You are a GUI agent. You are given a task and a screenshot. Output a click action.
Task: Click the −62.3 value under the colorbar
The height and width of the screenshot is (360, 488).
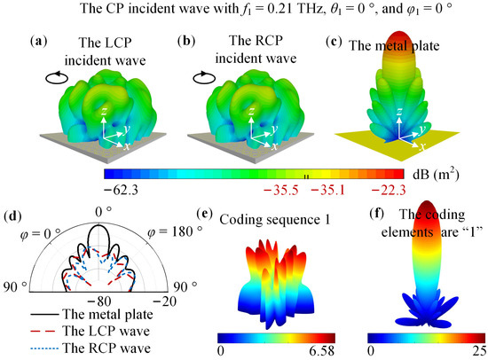tap(127, 190)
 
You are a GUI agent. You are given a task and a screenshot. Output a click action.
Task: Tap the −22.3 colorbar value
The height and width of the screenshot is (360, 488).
tap(386, 190)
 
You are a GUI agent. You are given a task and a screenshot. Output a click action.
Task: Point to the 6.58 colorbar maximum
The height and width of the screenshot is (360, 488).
tap(319, 352)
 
